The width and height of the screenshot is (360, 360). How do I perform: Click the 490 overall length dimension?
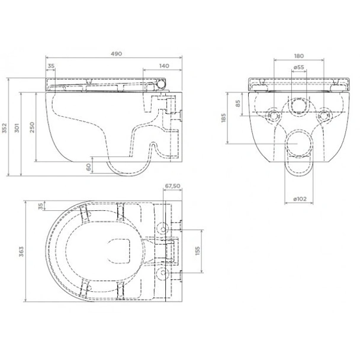click(116, 54)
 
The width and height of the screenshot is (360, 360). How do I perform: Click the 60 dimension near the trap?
click(89, 168)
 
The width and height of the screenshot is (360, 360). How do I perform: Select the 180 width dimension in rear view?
click(299, 56)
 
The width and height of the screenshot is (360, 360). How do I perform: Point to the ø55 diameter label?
click(299, 68)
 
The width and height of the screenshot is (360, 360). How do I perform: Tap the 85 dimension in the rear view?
click(238, 104)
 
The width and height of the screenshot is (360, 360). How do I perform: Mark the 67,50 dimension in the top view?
click(172, 185)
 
